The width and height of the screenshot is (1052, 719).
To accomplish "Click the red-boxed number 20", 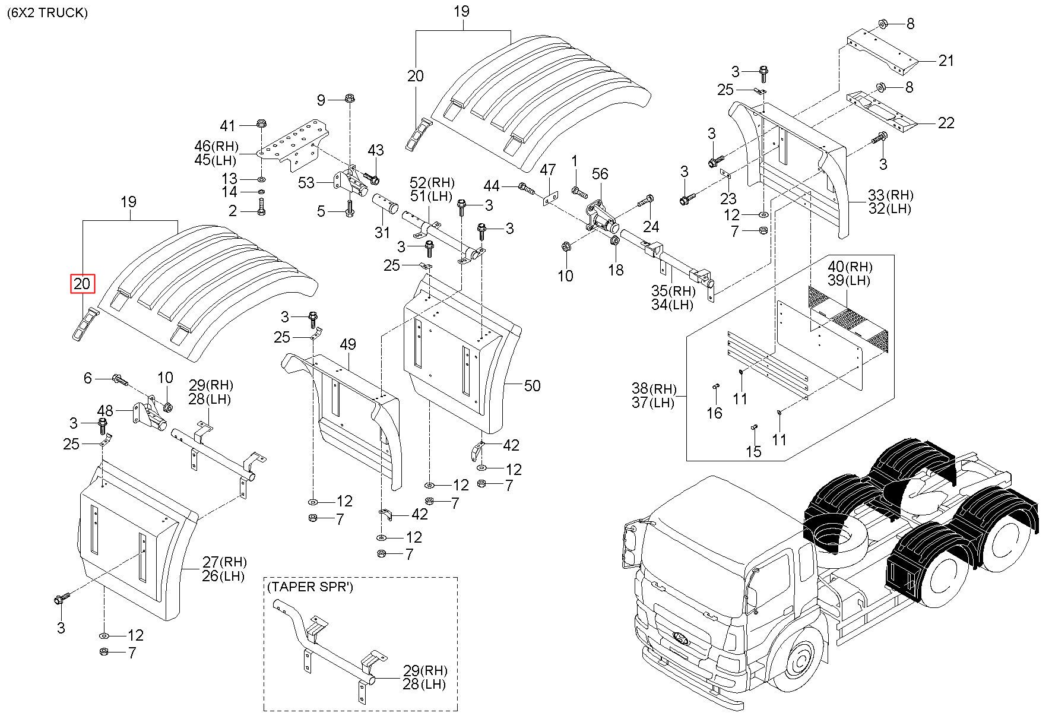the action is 82,284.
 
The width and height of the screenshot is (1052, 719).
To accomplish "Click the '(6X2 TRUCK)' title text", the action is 47,12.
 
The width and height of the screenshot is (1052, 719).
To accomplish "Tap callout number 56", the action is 600,173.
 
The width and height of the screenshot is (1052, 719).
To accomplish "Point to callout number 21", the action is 946,60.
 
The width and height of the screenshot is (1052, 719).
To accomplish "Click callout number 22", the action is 946,123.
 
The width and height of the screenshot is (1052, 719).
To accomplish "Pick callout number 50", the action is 533,386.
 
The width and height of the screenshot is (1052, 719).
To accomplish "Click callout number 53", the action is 306,182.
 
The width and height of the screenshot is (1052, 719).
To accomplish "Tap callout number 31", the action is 382,233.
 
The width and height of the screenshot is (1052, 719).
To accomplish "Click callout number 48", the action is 105,410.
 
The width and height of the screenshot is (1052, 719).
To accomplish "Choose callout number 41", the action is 228,126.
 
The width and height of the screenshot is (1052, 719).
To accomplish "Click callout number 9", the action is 321,100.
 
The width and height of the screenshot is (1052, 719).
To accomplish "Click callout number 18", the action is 616,270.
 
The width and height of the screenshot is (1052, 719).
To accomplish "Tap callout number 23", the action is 728,199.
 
